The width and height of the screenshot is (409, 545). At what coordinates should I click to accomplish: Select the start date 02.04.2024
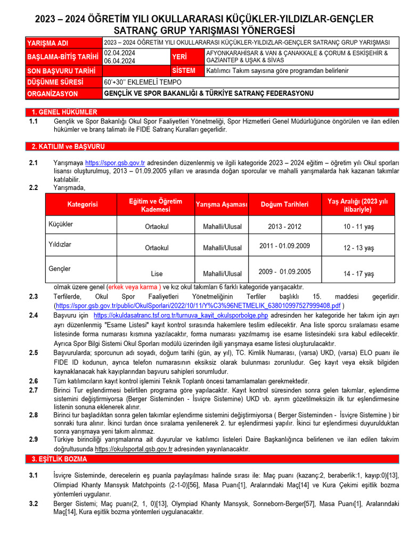pyautogui.click(x=119, y=53)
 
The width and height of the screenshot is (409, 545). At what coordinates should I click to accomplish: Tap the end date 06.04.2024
pyautogui.click(x=119, y=61)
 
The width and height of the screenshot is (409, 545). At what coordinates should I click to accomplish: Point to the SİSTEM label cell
pyautogui.click(x=184, y=71)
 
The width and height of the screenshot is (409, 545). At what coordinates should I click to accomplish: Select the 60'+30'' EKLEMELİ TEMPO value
pyautogui.click(x=143, y=82)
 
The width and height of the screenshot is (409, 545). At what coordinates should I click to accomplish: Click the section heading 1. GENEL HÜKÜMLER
pyautogui.click(x=64, y=112)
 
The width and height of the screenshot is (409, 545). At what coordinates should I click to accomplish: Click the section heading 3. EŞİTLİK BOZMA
pyautogui.click(x=59, y=459)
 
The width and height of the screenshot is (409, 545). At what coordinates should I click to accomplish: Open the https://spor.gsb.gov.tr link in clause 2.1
pyautogui.click(x=115, y=162)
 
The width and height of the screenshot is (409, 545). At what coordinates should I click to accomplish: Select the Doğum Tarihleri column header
pyautogui.click(x=284, y=204)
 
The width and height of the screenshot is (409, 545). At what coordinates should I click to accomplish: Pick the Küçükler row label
pyautogui.click(x=61, y=224)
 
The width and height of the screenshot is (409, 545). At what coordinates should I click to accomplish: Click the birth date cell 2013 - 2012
pyautogui.click(x=284, y=227)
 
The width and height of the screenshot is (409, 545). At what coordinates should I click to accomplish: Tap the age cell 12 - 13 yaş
pyautogui.click(x=358, y=248)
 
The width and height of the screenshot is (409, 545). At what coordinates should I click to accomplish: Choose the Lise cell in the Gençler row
pyautogui.click(x=157, y=274)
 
